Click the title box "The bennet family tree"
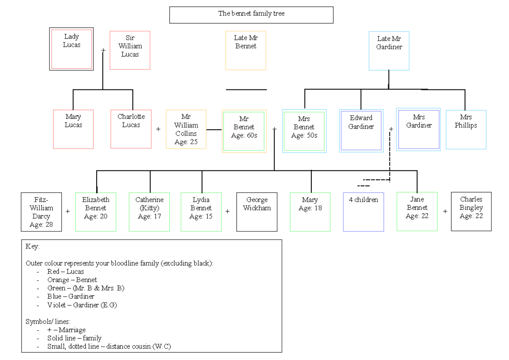click(x=251, y=14)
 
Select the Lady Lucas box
click(x=71, y=49)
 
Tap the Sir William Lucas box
click(x=130, y=50)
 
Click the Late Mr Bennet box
click(x=246, y=50)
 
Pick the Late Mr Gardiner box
click(x=389, y=50)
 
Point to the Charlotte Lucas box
click(x=131, y=129)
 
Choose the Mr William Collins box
click(x=186, y=129)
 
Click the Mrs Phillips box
click(x=466, y=129)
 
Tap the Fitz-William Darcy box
click(x=41, y=212)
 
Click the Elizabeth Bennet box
click(x=96, y=212)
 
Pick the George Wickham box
click(x=257, y=212)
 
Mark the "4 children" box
click(x=364, y=212)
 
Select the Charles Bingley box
click(x=471, y=211)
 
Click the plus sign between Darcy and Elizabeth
click(x=68, y=211)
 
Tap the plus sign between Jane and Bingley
click(x=445, y=211)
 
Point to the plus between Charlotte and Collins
click(x=158, y=129)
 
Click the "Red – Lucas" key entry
click(x=65, y=271)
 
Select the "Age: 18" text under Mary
click(x=310, y=208)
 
